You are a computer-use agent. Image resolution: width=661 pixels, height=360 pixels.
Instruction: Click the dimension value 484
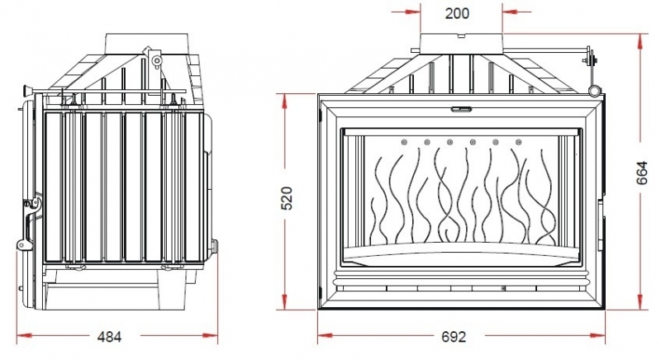click(109, 336)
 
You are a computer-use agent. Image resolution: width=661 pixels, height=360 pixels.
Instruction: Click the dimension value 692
click(454, 336)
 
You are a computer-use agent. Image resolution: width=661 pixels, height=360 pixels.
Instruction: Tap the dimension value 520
click(287, 198)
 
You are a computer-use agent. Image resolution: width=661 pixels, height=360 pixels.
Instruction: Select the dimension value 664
click(642, 173)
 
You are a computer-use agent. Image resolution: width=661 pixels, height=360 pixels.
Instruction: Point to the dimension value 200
click(457, 13)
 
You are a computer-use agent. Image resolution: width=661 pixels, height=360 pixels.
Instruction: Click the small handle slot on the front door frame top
click(462, 110)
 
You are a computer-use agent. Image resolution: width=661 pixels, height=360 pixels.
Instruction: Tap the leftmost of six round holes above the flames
click(404, 142)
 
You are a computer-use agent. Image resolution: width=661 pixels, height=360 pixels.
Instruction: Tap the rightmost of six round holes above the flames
click(519, 142)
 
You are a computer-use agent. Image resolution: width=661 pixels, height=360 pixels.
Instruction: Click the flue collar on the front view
click(461, 44)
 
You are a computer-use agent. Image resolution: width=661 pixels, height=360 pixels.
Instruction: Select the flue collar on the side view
click(146, 43)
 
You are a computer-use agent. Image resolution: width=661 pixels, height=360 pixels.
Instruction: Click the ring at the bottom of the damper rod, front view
click(594, 91)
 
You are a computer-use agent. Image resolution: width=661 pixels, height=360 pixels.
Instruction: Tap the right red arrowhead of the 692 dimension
click(597, 336)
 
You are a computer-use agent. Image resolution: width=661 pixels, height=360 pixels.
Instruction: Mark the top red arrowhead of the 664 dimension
click(641, 41)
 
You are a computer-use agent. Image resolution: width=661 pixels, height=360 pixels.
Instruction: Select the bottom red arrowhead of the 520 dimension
click(285, 301)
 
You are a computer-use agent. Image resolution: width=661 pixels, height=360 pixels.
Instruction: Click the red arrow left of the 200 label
click(406, 12)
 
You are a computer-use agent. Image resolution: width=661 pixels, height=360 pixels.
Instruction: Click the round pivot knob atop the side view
click(157, 59)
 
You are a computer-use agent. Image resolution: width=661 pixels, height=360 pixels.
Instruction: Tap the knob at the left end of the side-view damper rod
click(27, 90)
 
